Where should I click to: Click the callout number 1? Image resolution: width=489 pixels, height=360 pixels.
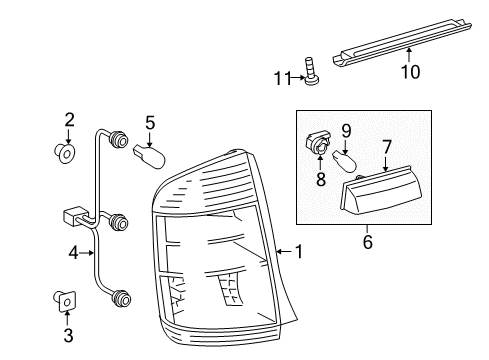299,251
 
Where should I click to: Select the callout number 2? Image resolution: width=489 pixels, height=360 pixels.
69,120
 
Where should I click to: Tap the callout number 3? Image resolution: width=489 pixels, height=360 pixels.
68,335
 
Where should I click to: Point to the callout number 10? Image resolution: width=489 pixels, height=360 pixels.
410,72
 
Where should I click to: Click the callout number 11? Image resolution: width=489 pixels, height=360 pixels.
282,79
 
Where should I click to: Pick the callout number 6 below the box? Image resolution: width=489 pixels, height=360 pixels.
367,242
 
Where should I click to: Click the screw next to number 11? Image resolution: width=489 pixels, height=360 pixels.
311,72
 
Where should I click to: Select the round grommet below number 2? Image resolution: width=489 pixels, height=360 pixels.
65,153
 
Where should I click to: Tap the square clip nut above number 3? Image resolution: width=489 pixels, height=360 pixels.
65,301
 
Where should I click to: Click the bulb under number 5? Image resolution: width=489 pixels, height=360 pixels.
149,157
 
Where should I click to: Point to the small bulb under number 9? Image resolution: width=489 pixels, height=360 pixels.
345,161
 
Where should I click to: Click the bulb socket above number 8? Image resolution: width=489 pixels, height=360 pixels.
318,144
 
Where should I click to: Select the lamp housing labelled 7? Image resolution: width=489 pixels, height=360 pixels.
381,190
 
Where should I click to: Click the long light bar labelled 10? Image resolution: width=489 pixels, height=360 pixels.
402,42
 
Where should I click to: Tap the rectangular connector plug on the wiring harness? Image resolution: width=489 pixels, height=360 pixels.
74,216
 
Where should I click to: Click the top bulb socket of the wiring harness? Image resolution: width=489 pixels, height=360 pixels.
119,139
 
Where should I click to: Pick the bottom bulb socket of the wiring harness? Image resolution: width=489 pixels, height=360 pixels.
121,298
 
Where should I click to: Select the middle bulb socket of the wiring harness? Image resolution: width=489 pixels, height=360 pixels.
119,222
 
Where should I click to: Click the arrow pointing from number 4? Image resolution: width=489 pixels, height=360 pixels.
87,253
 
